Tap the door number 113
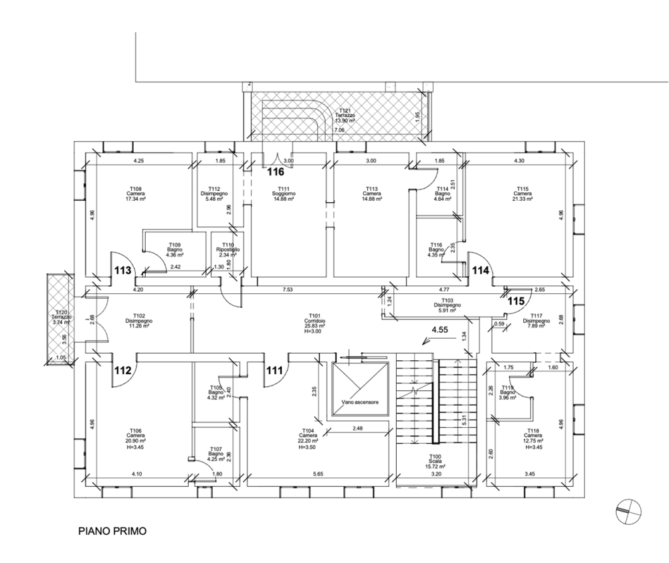[122, 271]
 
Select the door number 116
[276, 172]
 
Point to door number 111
[275, 369]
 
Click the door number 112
[122, 369]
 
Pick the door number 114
[481, 271]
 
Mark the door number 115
[515, 301]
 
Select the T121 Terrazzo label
[346, 115]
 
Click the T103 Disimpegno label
[448, 305]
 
